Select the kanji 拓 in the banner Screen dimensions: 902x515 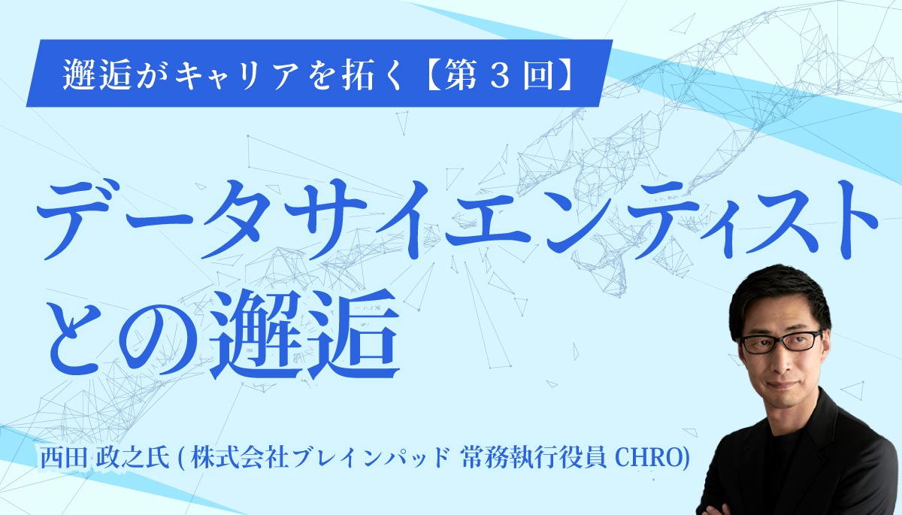357,74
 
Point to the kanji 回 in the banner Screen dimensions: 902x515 538,75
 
